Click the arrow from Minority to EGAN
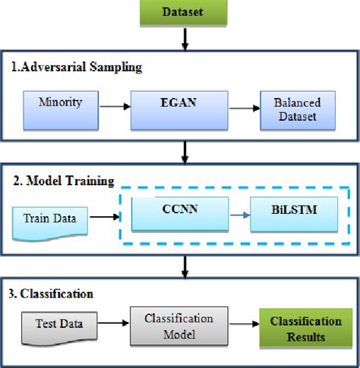115,106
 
